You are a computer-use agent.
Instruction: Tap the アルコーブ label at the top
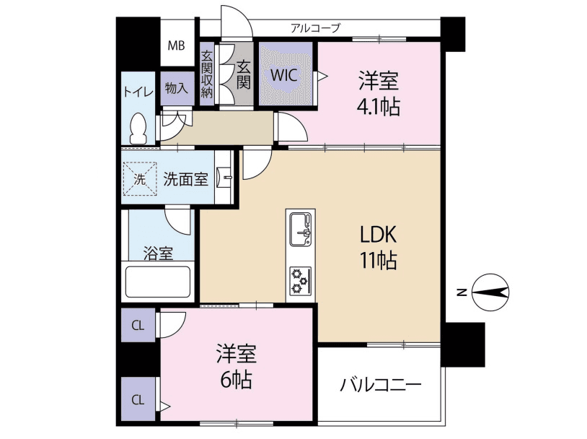click(315, 28)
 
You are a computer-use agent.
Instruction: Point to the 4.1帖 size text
click(378, 107)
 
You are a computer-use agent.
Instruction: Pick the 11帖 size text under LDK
click(379, 261)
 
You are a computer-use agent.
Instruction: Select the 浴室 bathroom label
click(158, 253)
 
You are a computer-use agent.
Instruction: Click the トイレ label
click(137, 91)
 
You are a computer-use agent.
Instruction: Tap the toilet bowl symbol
click(138, 129)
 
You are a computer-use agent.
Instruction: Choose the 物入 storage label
click(177, 88)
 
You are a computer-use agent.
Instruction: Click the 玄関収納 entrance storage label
click(207, 74)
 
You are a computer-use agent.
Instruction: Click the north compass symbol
click(491, 292)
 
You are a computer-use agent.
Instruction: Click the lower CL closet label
click(138, 399)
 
